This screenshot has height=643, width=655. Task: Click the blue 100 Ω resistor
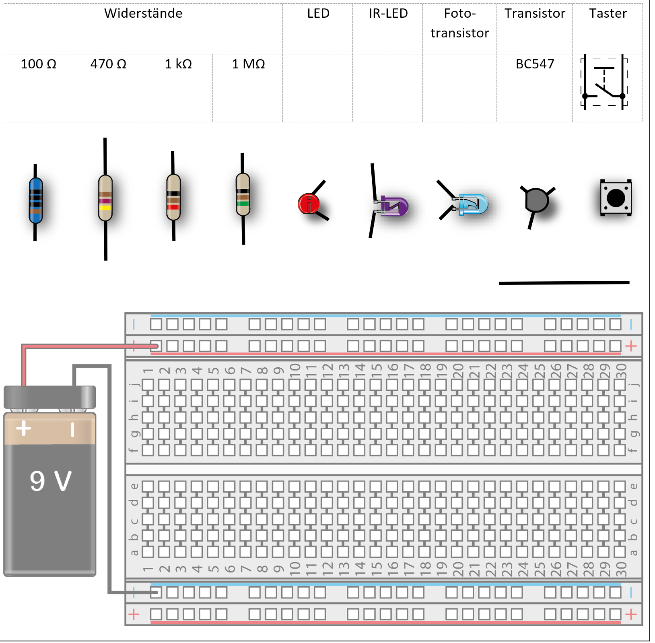(35, 200)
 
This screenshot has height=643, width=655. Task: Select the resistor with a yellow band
(105, 198)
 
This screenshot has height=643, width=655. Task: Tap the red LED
(309, 204)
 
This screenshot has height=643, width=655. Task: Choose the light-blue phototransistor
(473, 204)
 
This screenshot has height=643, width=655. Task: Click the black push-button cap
(616, 198)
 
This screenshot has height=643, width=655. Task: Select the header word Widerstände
(143, 13)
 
